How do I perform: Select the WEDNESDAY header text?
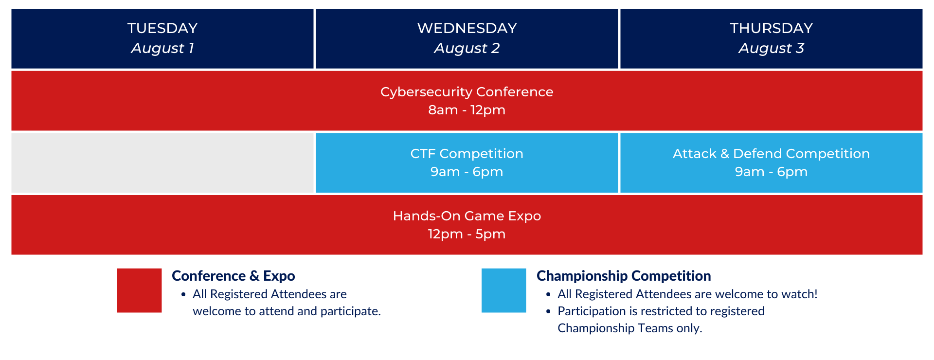click(467, 28)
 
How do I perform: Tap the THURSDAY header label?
click(772, 28)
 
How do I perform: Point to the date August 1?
click(162, 48)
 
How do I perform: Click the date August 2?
click(467, 48)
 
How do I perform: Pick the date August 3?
click(772, 48)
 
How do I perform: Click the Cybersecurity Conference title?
click(467, 92)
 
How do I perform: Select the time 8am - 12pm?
click(467, 110)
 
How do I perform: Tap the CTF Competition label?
click(467, 154)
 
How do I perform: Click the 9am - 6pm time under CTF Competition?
click(467, 172)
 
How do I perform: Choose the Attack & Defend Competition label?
click(772, 154)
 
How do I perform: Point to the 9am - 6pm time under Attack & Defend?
click(772, 172)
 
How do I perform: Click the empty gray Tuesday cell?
click(162, 163)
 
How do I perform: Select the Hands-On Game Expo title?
click(467, 216)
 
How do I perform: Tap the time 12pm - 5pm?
click(467, 234)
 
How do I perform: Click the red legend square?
click(139, 290)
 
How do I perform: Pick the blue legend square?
click(504, 290)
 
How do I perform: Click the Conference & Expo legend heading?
click(233, 276)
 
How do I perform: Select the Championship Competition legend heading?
click(624, 276)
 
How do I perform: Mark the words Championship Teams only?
click(630, 328)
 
